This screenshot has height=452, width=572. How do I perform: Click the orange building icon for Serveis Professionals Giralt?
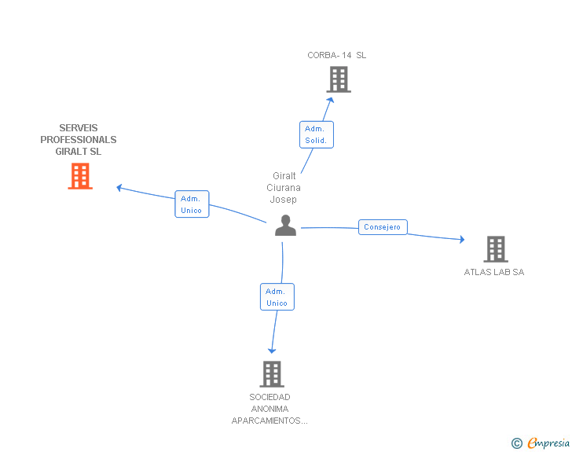coord(80,176)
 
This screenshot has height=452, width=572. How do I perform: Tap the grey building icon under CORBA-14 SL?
coord(339,79)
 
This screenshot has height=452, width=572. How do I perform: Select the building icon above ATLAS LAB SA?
coord(496,249)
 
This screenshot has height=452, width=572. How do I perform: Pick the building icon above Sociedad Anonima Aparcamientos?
coord(272,374)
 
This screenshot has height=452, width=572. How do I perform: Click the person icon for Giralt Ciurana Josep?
coord(285,226)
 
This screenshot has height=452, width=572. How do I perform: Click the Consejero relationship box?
coord(383,227)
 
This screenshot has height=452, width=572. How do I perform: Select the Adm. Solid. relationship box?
coord(317,134)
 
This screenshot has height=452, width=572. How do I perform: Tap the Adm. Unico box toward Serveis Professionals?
coord(192,204)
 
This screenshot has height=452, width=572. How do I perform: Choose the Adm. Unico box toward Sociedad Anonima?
coord(277,296)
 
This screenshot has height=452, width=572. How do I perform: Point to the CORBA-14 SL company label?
coord(337,55)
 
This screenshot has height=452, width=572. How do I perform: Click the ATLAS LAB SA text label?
coord(493,272)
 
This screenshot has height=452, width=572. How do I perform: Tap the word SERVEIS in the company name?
coord(79,128)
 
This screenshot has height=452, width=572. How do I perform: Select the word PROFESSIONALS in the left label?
coord(79,140)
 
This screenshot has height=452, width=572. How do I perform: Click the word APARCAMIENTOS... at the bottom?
coord(269,421)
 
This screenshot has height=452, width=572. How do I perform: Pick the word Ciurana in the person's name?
coord(284,188)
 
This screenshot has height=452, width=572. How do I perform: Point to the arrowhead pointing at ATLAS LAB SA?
coord(462,239)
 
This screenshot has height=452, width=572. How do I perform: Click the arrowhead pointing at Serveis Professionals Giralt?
coord(119,187)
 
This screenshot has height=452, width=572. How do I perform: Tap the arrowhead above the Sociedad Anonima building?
coord(272,350)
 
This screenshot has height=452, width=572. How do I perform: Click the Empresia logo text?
coord(548,443)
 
